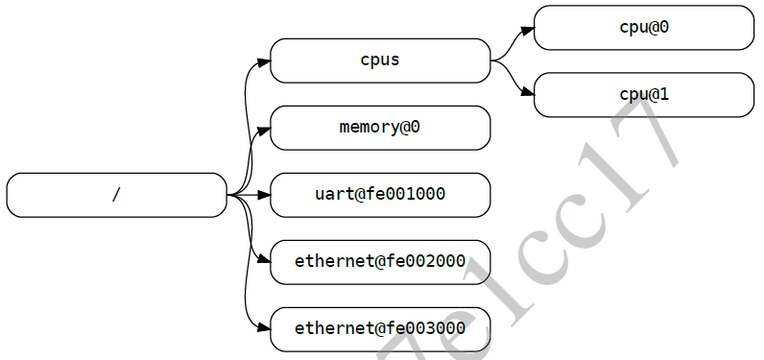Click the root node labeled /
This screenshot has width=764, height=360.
(x=116, y=195)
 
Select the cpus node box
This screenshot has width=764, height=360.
(x=380, y=60)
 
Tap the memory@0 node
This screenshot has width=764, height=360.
(x=380, y=128)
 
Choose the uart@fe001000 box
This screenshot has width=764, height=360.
(x=380, y=195)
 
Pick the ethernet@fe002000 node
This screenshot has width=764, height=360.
(x=380, y=262)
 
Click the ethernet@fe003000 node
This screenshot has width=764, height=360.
(x=380, y=329)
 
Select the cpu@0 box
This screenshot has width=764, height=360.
(x=643, y=27)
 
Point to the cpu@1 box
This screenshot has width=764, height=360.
(x=643, y=94)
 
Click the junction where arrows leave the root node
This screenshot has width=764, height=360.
(x=228, y=195)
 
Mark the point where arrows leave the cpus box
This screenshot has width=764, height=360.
(x=492, y=60)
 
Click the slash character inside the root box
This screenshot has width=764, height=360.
(x=116, y=195)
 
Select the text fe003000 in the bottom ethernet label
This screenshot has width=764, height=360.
(x=426, y=329)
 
